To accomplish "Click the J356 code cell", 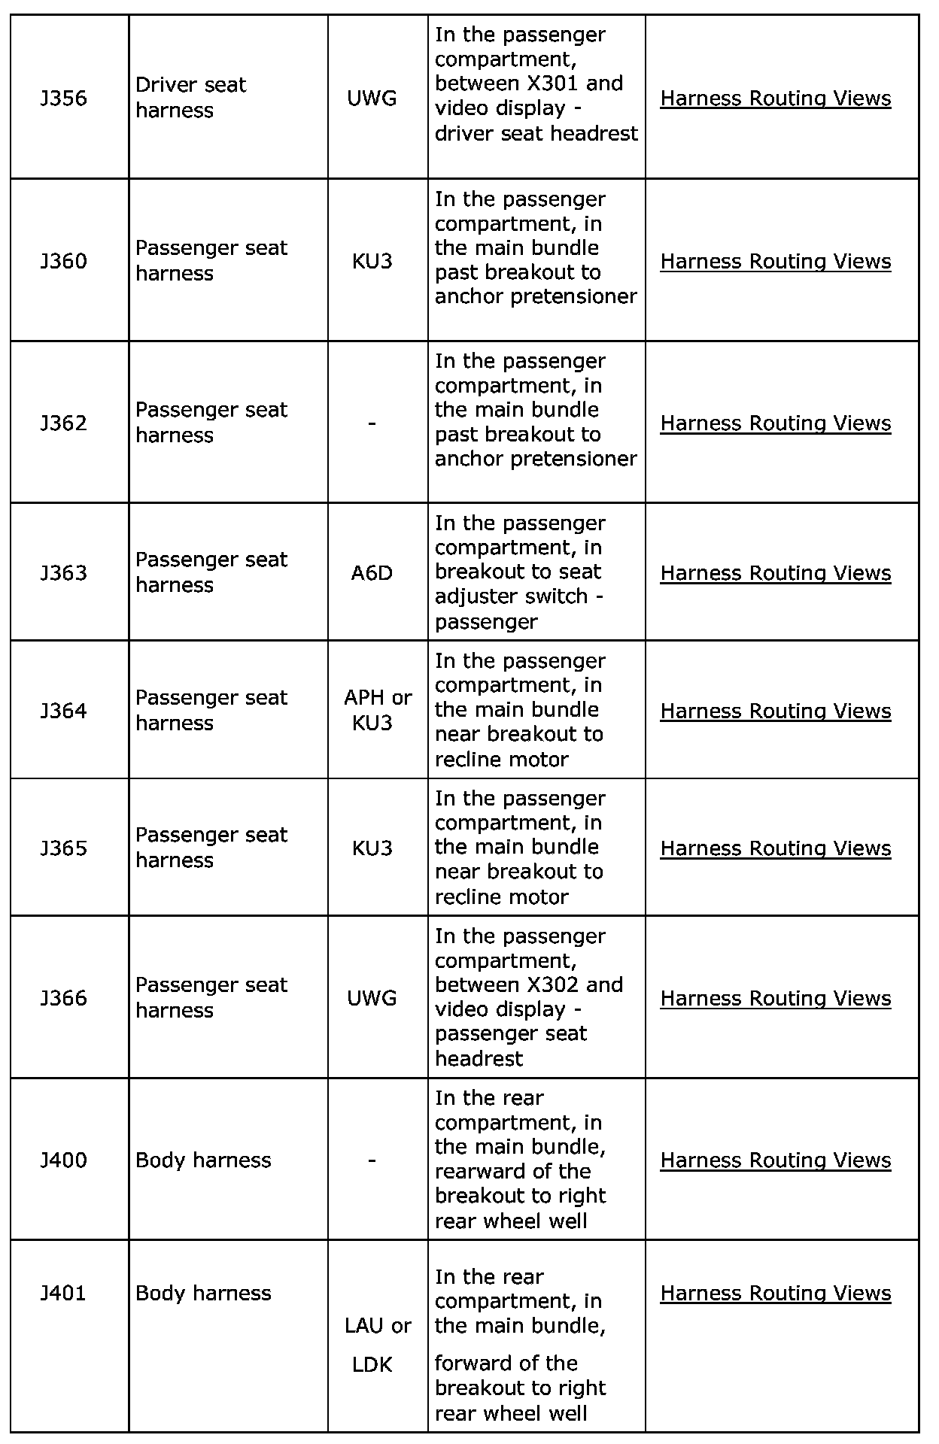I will coord(64,99).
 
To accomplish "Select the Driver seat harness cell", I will coord(191,98).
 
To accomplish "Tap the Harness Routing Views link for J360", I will coord(775,261).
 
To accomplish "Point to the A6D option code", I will coord(372,573).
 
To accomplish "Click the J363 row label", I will coord(64,573).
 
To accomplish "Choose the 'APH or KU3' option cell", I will coord(378,710).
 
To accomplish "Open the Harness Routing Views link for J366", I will coord(775,998).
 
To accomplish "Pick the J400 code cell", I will coord(64,1160).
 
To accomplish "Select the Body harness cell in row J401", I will coord(203,1293).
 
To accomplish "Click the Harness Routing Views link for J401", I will coord(775,1293).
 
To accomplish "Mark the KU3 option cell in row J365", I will coord(372,848).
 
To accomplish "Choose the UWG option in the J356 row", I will coord(372,99).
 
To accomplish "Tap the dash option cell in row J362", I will coord(372,423).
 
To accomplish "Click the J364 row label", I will coord(64,711).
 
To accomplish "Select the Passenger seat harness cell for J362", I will coord(211,423).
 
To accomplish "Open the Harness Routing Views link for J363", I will coord(775,573).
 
